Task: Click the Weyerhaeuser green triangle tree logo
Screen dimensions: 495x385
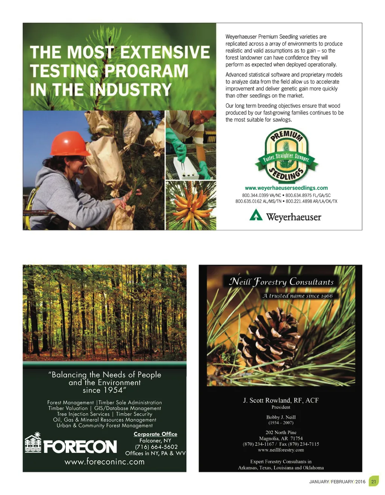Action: click(x=256, y=215)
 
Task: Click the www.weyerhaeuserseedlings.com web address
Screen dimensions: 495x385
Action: click(x=286, y=188)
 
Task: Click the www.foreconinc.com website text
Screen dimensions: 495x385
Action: click(x=105, y=462)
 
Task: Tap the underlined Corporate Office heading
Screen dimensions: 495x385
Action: click(x=155, y=434)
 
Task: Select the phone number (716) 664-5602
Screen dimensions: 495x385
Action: click(x=156, y=447)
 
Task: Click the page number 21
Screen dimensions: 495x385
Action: click(x=374, y=482)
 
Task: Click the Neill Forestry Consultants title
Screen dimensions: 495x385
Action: click(x=281, y=282)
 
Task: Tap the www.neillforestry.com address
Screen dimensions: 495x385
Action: click(x=281, y=450)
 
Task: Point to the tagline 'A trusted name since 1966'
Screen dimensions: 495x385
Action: click(x=297, y=296)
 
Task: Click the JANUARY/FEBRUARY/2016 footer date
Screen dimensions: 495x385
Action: click(x=337, y=482)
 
